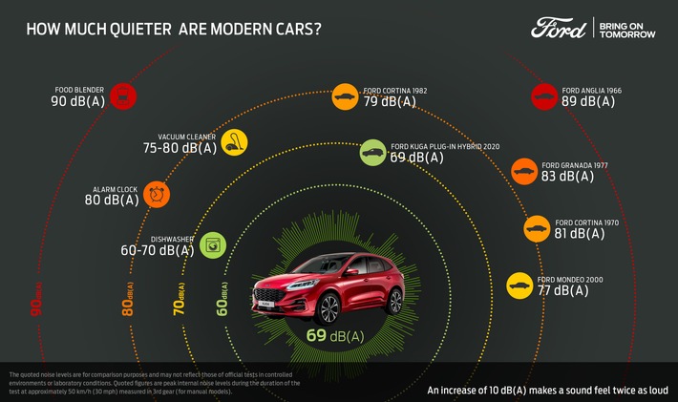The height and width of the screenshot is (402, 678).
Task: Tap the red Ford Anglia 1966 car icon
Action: click(x=544, y=95)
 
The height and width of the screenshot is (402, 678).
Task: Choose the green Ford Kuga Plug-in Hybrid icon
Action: click(x=372, y=152)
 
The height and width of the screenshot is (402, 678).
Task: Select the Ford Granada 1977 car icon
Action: click(x=523, y=172)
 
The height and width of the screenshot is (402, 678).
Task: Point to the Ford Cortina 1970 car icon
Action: click(x=537, y=229)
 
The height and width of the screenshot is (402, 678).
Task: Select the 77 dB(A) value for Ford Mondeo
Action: click(x=564, y=291)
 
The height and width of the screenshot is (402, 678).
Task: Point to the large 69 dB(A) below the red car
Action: click(x=334, y=335)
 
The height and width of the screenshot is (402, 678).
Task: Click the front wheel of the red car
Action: click(x=328, y=307)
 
